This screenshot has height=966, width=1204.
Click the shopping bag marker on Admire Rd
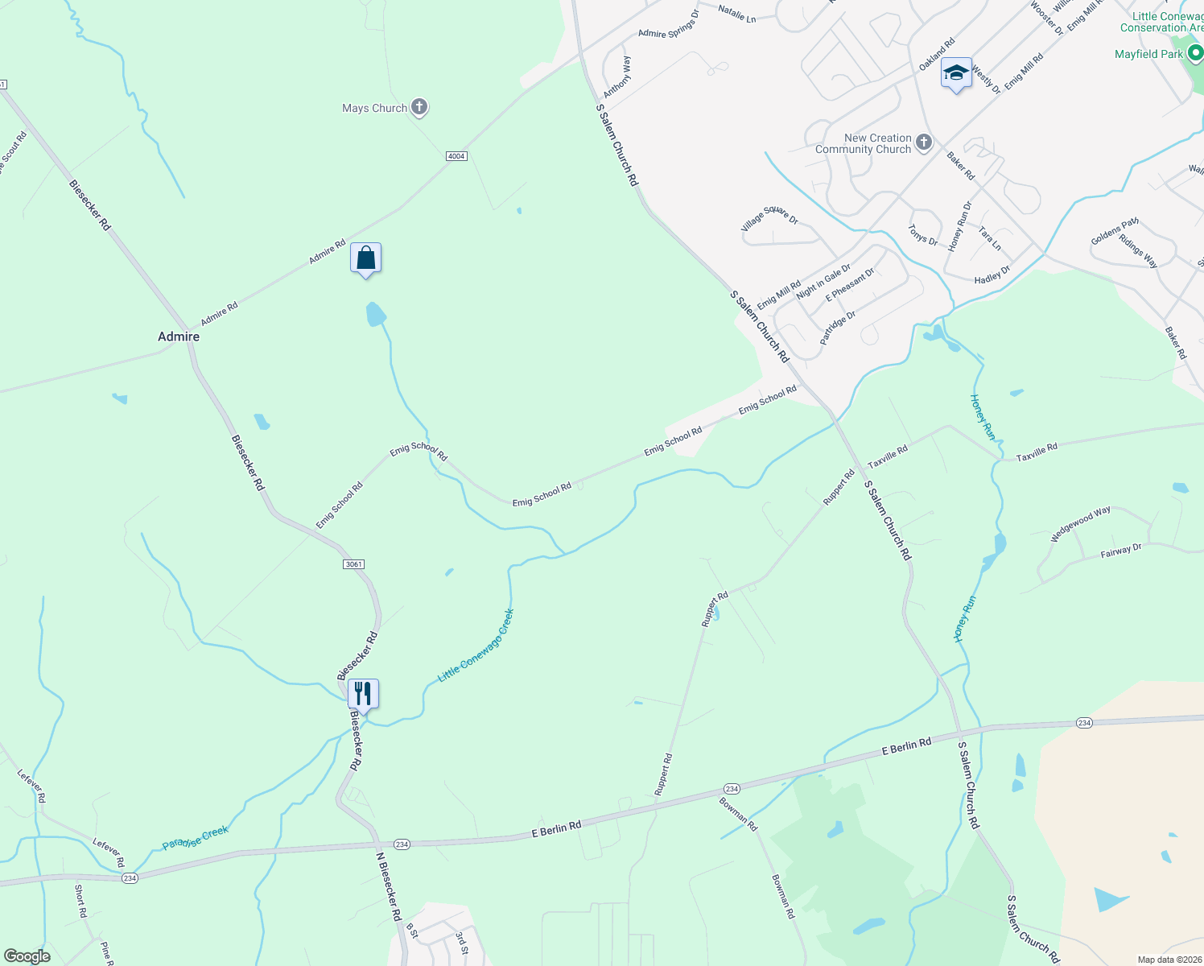365,258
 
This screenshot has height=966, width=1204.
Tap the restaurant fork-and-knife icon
363,693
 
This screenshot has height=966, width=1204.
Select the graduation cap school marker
955,73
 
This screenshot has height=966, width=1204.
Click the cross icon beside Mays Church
419,106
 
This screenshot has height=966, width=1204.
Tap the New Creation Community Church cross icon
923,143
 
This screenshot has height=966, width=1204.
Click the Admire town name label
179,336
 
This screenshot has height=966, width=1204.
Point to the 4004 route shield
456,156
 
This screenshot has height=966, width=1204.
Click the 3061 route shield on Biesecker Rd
353,564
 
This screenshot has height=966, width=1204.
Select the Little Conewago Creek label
476,646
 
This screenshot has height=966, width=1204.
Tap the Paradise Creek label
196,837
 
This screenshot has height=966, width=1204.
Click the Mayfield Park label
1148,54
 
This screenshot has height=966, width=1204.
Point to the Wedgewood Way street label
1080,524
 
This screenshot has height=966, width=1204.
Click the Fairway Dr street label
1121,551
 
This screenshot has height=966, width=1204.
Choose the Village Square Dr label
769,218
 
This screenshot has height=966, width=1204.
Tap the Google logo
27,956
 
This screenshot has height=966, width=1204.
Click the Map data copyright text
1168,960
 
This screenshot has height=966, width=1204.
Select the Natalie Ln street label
736,14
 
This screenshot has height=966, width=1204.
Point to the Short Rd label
80,901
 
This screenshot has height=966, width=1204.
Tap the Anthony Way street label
618,77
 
